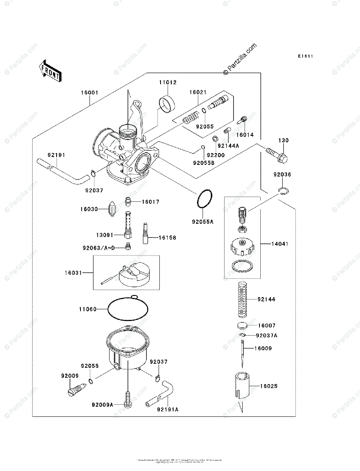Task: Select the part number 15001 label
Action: (x=90, y=93)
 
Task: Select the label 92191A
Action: (x=168, y=409)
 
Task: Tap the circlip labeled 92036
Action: (x=283, y=191)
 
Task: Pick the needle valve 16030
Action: (x=112, y=209)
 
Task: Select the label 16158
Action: (x=167, y=237)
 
